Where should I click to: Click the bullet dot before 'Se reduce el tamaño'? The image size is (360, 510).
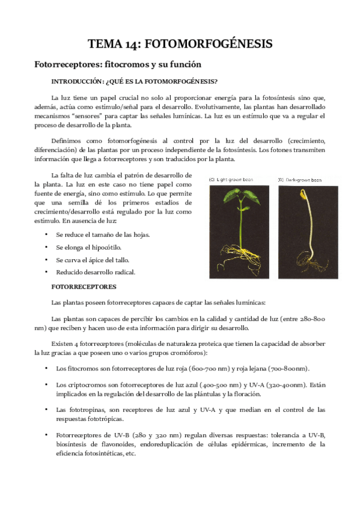[x=47, y=235]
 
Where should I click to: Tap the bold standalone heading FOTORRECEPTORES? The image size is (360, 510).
[x=85, y=287]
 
